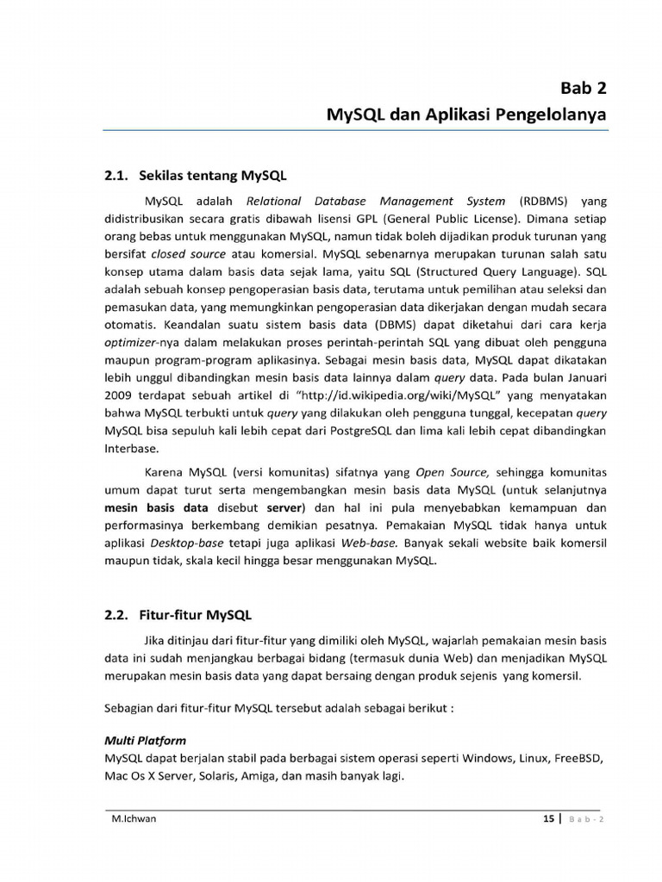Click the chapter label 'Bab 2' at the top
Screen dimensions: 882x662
pos(584,88)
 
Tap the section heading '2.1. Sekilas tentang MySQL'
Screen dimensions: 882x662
pos(196,176)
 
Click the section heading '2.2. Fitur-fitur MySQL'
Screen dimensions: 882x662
pos(178,615)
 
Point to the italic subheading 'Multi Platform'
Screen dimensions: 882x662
pos(145,741)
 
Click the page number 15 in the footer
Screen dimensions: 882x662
pos(548,818)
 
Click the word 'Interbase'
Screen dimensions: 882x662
pos(132,449)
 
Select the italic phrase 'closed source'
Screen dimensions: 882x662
pos(188,254)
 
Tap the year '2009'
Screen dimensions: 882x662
pos(119,395)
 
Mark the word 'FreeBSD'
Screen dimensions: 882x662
pos(578,759)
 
